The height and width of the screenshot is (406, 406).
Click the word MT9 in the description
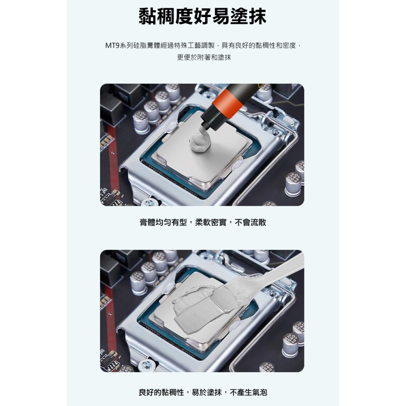click(112, 45)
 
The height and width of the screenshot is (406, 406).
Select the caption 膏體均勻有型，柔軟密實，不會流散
click(203, 222)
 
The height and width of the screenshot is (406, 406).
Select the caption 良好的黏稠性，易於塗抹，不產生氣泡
click(203, 392)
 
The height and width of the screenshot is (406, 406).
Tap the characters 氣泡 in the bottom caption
click(259, 392)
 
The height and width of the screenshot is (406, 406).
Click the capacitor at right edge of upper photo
click(293, 184)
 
